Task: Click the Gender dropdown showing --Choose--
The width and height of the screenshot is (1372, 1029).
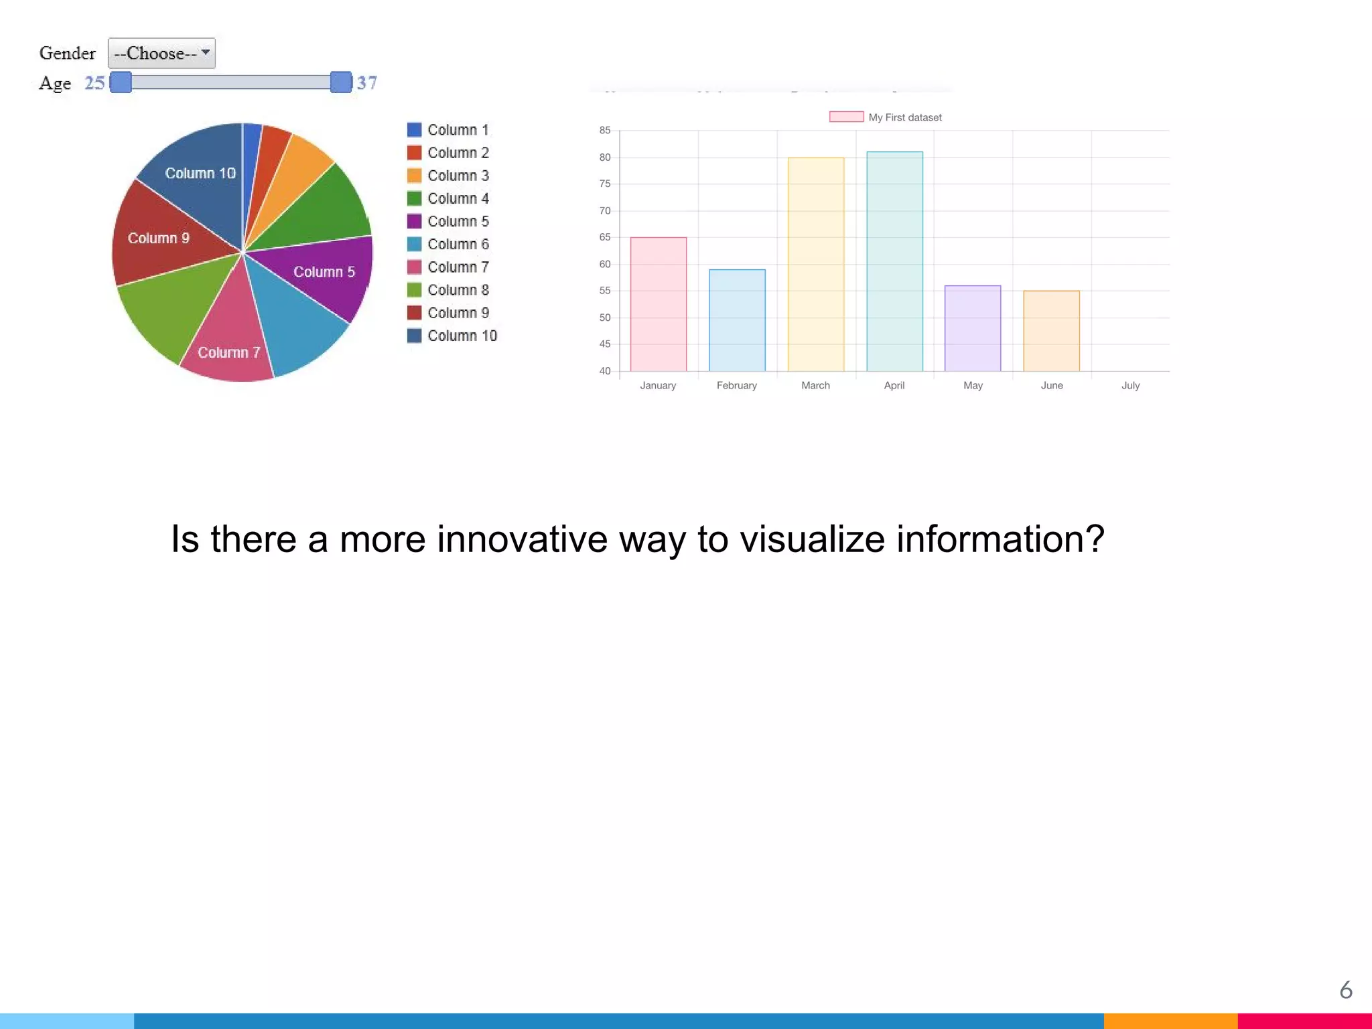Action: pos(161,54)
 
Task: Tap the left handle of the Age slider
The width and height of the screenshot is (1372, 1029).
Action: pos(121,82)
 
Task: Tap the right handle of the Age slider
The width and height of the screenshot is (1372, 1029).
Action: pos(341,82)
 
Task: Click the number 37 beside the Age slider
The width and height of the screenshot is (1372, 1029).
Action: pos(366,83)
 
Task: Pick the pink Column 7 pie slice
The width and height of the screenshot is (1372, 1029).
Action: pos(228,348)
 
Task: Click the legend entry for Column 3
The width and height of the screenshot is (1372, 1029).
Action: pos(448,176)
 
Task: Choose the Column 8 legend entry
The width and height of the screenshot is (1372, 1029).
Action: pos(448,290)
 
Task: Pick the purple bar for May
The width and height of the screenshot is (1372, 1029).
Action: pos(973,328)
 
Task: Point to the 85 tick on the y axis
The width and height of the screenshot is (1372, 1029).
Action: pos(605,131)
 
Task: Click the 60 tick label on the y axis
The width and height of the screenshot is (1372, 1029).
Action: pos(605,265)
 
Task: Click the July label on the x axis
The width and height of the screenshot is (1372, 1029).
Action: pos(1130,385)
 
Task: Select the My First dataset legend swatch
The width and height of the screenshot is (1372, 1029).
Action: pos(846,117)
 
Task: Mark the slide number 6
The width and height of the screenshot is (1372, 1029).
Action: pos(1345,989)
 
